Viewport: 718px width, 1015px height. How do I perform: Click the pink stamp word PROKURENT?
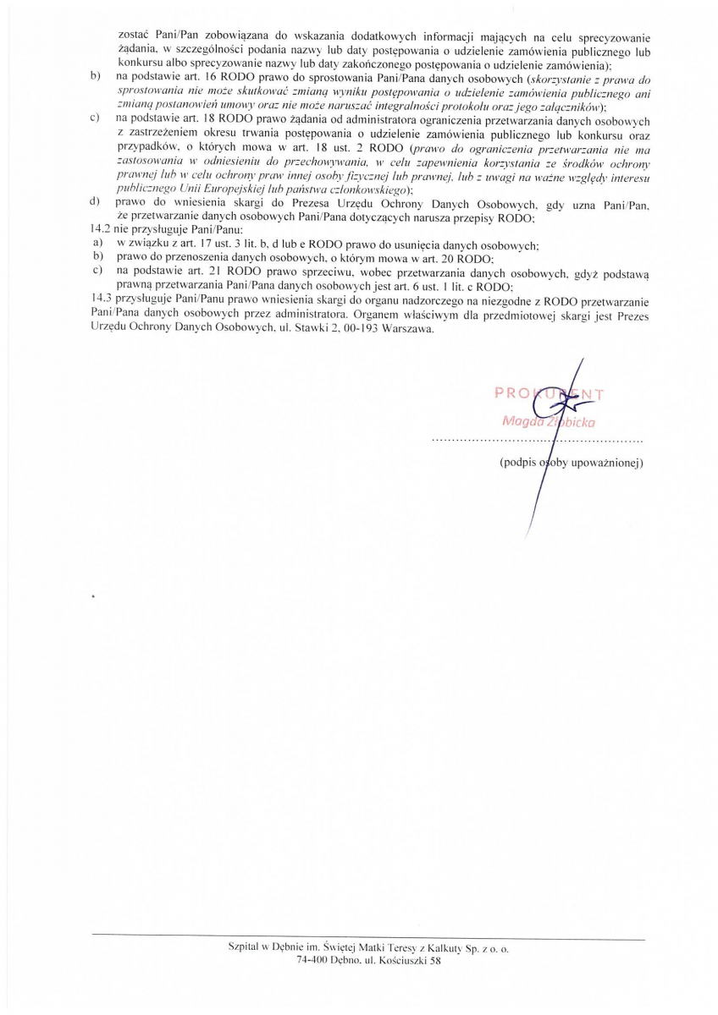pos(550,392)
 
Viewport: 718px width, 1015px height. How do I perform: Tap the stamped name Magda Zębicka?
pos(550,420)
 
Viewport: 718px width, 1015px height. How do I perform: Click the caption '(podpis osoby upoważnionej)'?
pos(572,463)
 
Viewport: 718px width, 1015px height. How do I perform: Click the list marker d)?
pos(95,202)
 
